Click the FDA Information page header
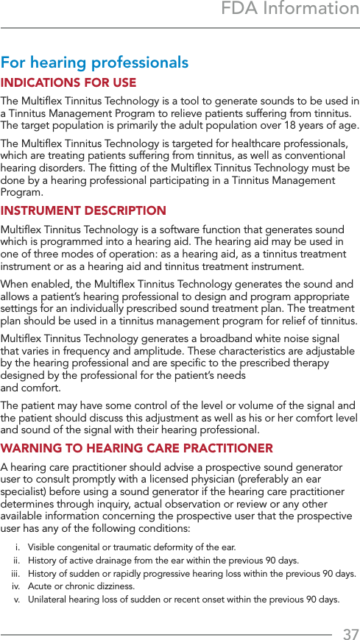coord(290,9)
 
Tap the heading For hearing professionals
coord(94,63)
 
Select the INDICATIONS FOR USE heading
coord(68,83)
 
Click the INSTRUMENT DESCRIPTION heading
coord(83,211)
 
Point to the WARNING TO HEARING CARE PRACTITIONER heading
coord(137,448)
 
